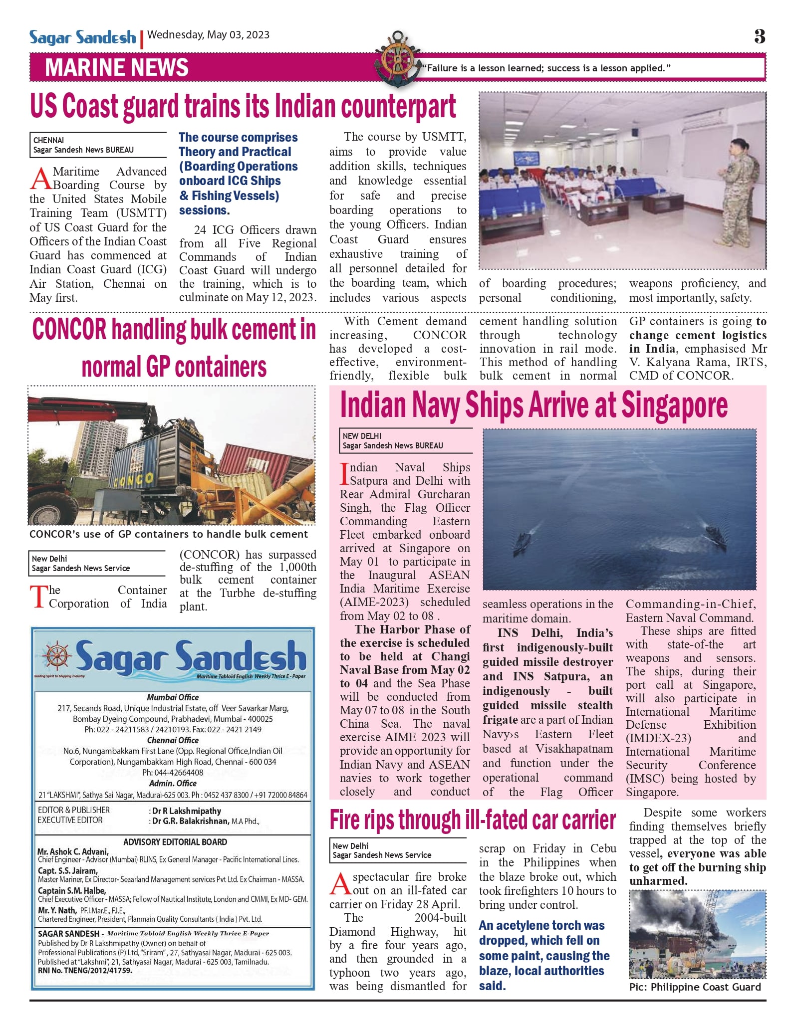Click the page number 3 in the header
760,36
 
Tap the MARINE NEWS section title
117,68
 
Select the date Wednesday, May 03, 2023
209,35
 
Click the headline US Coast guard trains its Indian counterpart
243,107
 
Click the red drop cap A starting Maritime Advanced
40,179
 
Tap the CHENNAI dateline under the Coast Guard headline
48,140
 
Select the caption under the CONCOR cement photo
169,534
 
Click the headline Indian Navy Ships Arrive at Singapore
533,405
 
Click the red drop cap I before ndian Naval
344,474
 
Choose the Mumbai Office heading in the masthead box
173,697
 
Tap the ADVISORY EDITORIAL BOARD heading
175,842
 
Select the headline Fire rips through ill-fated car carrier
473,820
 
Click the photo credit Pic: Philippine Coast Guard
695,987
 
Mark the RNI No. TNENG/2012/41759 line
85,971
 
